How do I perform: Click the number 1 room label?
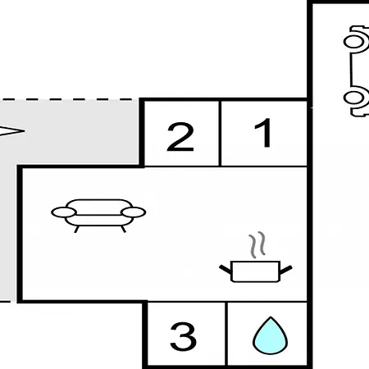click(264, 133)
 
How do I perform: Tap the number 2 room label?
click(180, 136)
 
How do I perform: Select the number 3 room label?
click(183, 336)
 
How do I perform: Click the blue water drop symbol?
click(270, 335)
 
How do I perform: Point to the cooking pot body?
click(255, 271)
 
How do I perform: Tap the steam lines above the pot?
click(257, 244)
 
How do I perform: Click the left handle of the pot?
click(225, 270)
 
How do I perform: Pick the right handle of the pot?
click(286, 270)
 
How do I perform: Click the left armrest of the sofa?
click(64, 212)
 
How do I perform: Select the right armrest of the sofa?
click(134, 212)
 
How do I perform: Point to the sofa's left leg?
click(76, 229)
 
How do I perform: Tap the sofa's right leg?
click(123, 229)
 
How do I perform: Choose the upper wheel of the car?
click(354, 42)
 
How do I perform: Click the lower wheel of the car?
click(354, 98)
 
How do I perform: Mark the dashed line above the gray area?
click(67, 99)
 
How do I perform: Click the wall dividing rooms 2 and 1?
click(220, 133)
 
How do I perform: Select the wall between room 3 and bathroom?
click(226, 334)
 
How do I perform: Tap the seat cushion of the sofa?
click(99, 221)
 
